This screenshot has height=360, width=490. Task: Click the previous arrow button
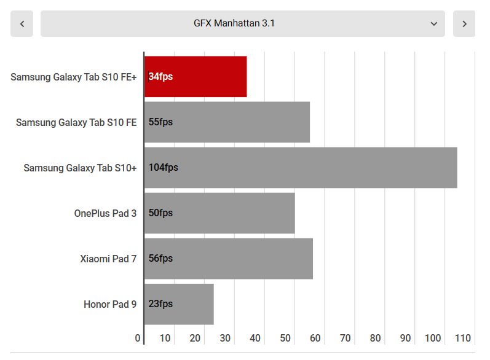22,24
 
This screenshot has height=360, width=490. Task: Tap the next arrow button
464,24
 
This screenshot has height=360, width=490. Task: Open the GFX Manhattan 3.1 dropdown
242,24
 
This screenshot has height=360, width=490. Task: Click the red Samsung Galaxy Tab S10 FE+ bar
196,77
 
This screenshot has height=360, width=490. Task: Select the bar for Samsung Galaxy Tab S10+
301,168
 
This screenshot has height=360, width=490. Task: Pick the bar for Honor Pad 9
179,304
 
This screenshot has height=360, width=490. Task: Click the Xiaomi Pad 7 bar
229,259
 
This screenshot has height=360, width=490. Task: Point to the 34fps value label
160,77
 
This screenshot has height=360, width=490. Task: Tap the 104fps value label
163,168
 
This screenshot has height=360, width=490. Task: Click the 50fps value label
160,213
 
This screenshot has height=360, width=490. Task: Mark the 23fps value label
160,304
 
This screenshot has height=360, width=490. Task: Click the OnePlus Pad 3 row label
105,213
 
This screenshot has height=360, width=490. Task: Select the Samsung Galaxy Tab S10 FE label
76,122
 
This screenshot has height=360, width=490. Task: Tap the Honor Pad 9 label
110,304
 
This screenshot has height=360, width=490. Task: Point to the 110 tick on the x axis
462,338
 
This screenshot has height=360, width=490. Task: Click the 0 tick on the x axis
138,338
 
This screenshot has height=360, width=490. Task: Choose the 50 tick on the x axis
285,338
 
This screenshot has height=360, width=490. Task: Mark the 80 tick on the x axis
375,338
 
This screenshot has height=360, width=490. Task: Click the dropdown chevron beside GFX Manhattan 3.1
434,24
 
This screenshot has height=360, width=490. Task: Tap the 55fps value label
160,122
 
